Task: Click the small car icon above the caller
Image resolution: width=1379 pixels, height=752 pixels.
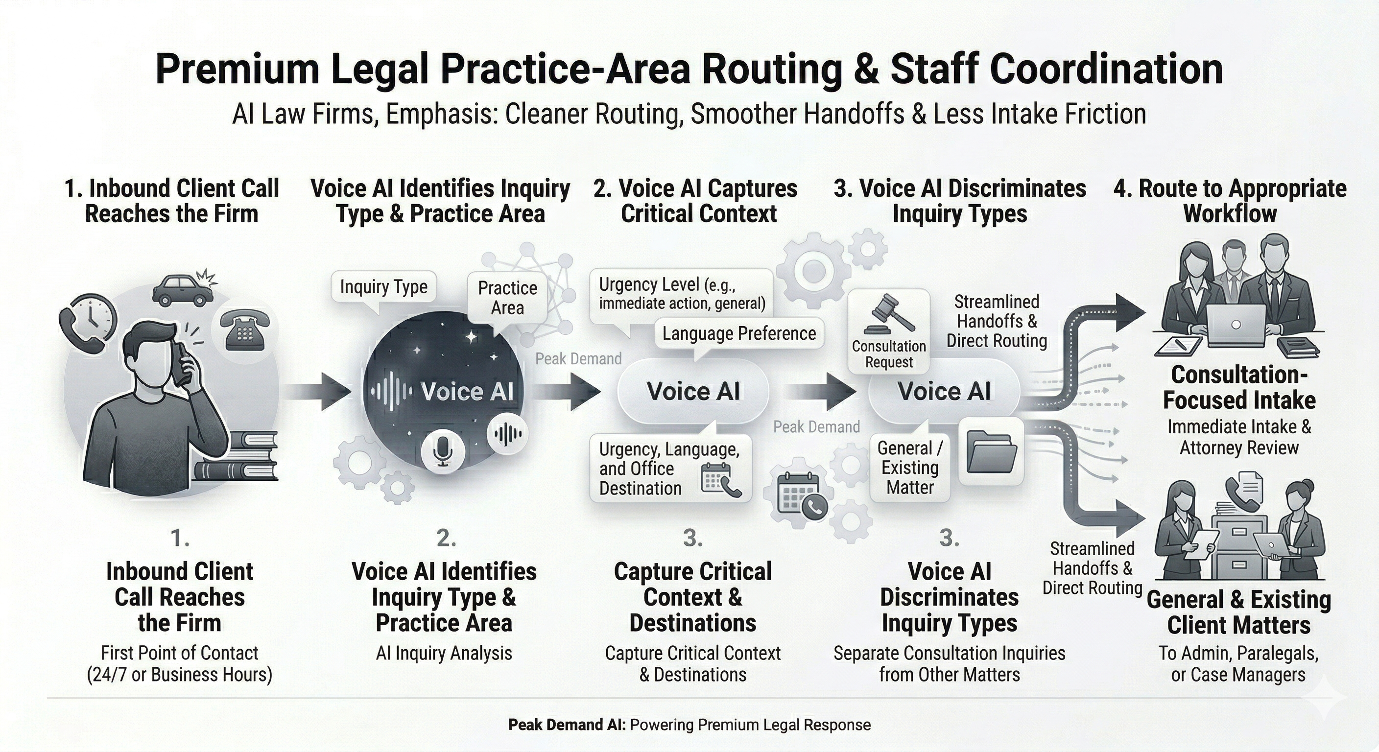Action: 183,290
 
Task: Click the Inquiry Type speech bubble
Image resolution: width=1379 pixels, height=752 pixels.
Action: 383,287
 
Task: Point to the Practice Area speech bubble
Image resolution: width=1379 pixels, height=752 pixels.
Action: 507,298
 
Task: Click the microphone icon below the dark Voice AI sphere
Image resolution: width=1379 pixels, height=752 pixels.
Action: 443,449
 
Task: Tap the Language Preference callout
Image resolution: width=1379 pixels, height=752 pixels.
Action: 739,333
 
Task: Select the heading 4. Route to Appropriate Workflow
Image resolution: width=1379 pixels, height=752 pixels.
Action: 1230,201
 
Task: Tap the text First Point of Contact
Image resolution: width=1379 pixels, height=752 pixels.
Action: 179,653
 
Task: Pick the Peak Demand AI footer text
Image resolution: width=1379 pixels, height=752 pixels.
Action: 689,725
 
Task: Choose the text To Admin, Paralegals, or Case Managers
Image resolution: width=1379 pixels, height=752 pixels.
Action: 1238,664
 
